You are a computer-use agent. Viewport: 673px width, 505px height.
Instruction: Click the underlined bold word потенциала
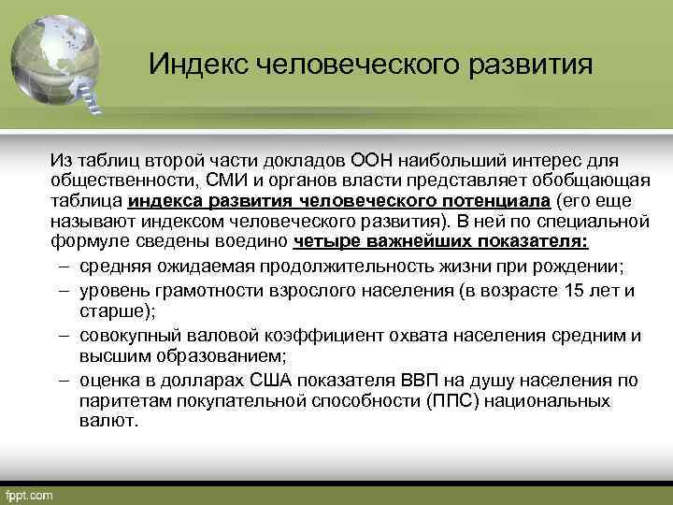point(496,201)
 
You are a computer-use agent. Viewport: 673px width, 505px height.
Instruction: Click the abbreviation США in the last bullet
point(279,381)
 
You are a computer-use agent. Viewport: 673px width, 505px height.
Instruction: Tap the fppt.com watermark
point(31,493)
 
